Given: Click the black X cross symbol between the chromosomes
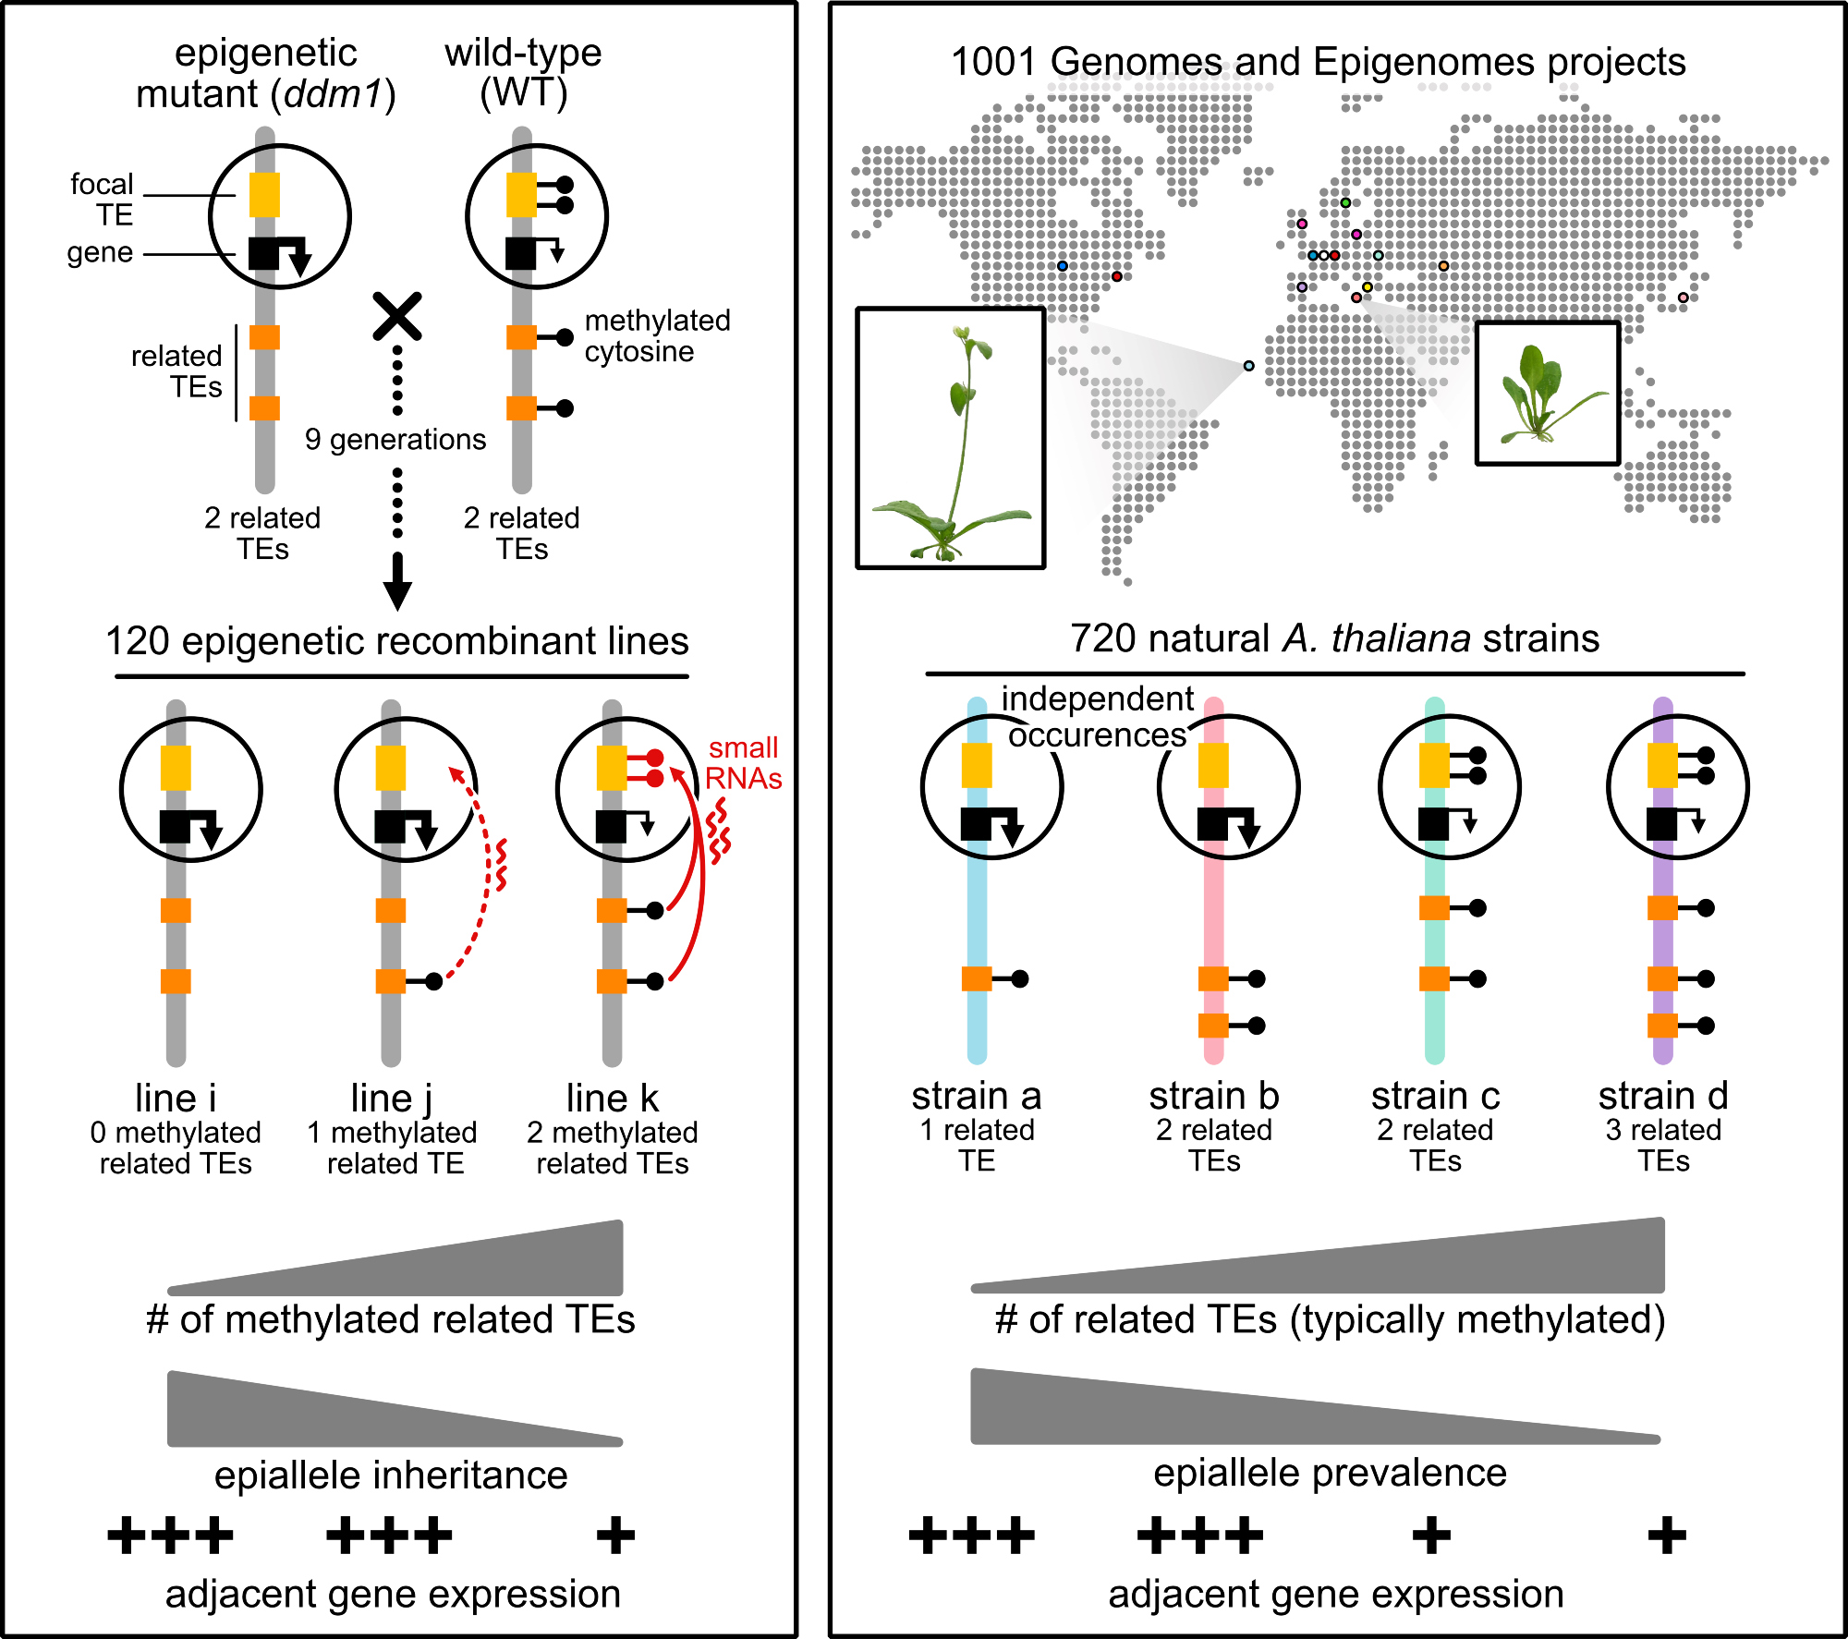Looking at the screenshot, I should [397, 316].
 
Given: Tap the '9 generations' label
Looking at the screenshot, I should [395, 440].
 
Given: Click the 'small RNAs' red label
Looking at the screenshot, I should [743, 763].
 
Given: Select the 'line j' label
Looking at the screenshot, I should [392, 1099].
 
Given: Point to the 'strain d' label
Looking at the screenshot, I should [1663, 1097].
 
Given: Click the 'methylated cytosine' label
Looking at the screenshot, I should [657, 336].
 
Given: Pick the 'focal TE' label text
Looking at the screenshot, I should [103, 200].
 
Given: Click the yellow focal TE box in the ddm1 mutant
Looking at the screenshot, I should [264, 195].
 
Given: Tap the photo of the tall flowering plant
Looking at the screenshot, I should [951, 438].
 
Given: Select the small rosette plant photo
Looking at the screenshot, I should [1548, 394].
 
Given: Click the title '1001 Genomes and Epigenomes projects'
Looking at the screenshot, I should [1319, 63].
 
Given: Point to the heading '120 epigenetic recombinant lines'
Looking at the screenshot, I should [397, 641].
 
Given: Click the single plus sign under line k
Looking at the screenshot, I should [615, 1536].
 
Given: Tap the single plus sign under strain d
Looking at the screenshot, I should [1667, 1536].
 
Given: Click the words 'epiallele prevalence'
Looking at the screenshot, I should [1330, 1473].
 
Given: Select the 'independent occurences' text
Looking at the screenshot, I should [1098, 717].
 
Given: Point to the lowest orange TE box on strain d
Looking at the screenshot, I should [1662, 1026].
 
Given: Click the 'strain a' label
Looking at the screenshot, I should [977, 1097].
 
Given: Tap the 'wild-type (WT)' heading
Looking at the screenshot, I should [523, 72].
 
